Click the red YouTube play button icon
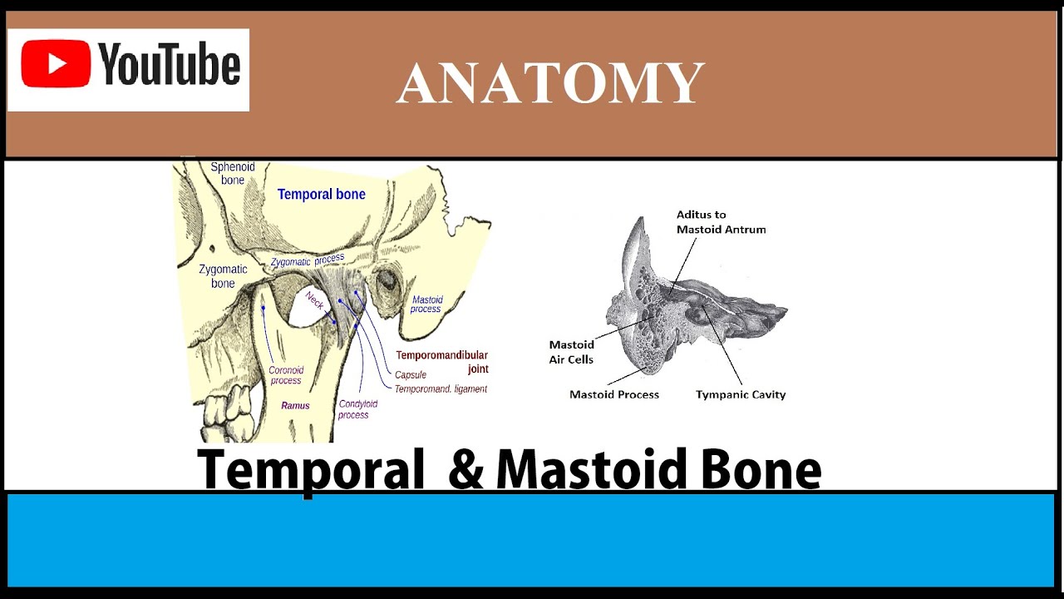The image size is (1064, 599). click(57, 64)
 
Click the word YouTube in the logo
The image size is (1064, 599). click(170, 66)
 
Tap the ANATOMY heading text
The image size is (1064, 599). click(550, 84)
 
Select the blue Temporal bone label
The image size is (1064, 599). click(322, 195)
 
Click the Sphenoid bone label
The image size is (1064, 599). click(233, 173)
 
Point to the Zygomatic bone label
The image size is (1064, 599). click(223, 276)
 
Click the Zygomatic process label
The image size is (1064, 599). click(307, 260)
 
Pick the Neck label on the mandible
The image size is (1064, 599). click(314, 300)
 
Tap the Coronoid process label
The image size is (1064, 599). click(286, 375)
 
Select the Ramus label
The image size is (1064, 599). click(295, 406)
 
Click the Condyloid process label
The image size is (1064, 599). click(357, 409)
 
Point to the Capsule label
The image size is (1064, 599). click(411, 375)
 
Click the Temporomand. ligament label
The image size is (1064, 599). click(441, 389)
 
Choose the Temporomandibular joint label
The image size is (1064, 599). click(441, 362)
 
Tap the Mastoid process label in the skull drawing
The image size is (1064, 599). click(426, 304)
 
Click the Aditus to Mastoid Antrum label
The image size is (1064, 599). click(721, 222)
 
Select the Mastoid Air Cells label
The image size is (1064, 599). click(572, 352)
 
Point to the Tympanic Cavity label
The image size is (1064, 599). click(741, 395)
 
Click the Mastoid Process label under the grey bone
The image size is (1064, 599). click(614, 395)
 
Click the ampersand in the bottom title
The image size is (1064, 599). click(465, 470)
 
